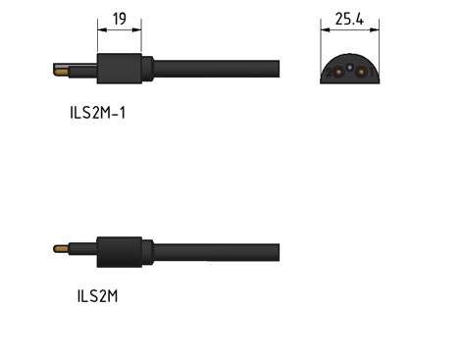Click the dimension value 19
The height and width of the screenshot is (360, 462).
pyautogui.click(x=120, y=19)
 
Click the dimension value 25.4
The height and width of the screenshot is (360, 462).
pyautogui.click(x=349, y=19)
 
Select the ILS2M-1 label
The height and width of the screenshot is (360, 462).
pyautogui.click(x=98, y=113)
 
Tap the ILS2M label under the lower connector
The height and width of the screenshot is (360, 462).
pyautogui.click(x=97, y=296)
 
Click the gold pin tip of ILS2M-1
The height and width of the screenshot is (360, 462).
pyautogui.click(x=61, y=72)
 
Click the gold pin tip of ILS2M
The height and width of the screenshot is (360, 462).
pyautogui.click(x=61, y=249)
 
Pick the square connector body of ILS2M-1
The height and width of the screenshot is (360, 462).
pyautogui.click(x=120, y=69)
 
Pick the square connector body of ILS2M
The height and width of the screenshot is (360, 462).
pyautogui.click(x=120, y=252)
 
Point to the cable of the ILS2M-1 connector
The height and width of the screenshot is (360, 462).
pyautogui.click(x=217, y=69)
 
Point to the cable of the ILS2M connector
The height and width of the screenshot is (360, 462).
pyautogui.click(x=217, y=252)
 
